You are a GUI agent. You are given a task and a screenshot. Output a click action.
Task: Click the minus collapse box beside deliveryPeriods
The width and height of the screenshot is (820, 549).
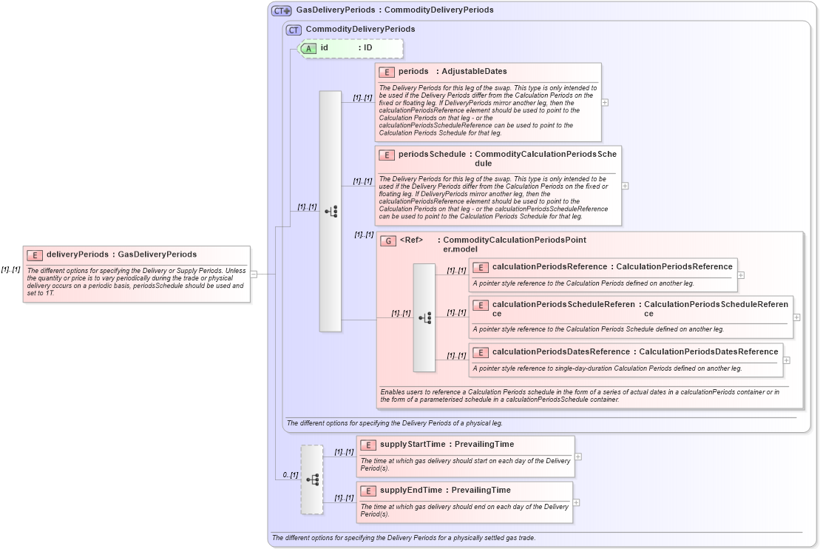pyautogui.click(x=254, y=274)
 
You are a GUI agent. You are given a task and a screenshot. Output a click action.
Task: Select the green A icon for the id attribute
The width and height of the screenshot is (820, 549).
pyautogui.click(x=308, y=48)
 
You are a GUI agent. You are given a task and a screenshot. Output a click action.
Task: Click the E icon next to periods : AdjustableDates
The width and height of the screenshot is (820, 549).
pyautogui.click(x=386, y=72)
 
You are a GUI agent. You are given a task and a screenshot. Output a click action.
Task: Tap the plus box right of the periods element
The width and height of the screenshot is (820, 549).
pyautogui.click(x=605, y=102)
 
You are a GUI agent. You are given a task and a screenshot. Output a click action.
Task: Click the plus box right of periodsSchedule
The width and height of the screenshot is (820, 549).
pyautogui.click(x=625, y=186)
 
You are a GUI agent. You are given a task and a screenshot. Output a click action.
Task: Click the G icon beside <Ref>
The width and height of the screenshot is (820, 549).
pyautogui.click(x=388, y=240)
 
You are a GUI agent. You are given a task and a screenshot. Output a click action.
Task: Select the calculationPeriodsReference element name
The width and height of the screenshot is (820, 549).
pyautogui.click(x=549, y=267)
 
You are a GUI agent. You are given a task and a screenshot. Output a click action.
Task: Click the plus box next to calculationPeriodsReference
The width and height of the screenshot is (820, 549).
pyautogui.click(x=741, y=274)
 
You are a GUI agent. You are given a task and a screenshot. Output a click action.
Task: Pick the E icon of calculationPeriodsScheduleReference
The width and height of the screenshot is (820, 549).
pyautogui.click(x=480, y=304)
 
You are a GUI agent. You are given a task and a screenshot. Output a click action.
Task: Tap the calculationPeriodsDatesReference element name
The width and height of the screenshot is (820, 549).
pyautogui.click(x=561, y=351)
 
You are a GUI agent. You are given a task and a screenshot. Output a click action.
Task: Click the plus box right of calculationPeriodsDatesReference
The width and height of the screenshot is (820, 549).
pyautogui.click(x=786, y=360)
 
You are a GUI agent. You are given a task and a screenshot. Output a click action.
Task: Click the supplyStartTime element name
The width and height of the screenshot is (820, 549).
pyautogui.click(x=413, y=445)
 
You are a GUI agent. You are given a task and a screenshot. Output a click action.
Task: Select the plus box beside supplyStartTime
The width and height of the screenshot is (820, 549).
pyautogui.click(x=577, y=457)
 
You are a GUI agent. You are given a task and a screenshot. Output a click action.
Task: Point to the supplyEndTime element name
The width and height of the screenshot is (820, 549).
pyautogui.click(x=411, y=491)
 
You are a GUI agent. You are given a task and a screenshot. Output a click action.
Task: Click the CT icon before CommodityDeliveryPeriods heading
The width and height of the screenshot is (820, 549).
pyautogui.click(x=294, y=30)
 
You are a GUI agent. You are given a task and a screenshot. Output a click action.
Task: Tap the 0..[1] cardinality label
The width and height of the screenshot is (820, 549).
pyautogui.click(x=290, y=474)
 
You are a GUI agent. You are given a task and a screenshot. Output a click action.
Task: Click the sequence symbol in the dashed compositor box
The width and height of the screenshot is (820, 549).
pyautogui.click(x=312, y=479)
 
